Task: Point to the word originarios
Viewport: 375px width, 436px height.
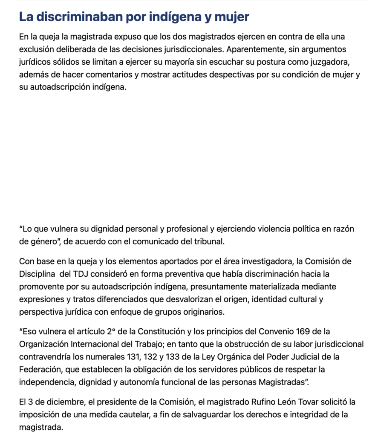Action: tap(199, 311)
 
